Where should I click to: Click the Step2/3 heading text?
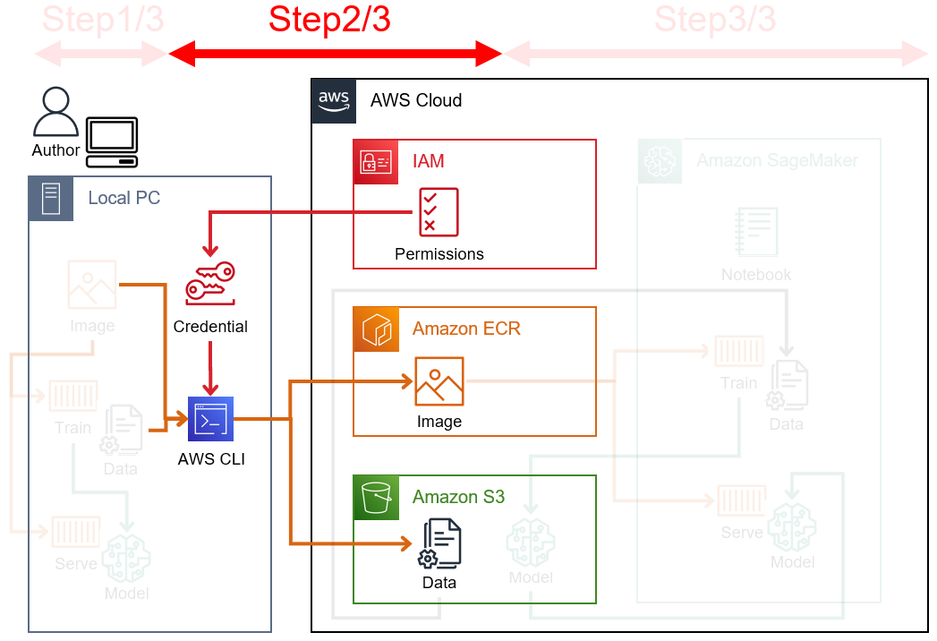(329, 19)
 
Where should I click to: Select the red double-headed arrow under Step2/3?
(336, 54)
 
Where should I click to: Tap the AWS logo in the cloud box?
(334, 100)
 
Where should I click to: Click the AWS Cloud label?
(416, 100)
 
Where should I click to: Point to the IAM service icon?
(376, 161)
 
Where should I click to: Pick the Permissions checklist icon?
(439, 212)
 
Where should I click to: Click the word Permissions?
(439, 254)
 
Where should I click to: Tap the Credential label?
(210, 327)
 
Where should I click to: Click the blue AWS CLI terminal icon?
(210, 419)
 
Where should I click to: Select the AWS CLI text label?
(211, 460)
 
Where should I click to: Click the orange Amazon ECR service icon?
(376, 329)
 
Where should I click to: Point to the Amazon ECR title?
(466, 329)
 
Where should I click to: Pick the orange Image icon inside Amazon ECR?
(439, 381)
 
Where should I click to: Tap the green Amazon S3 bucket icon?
(376, 497)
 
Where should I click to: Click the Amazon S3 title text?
(458, 497)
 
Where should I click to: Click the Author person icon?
(55, 112)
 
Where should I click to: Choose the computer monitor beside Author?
(112, 141)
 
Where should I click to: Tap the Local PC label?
(124, 198)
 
